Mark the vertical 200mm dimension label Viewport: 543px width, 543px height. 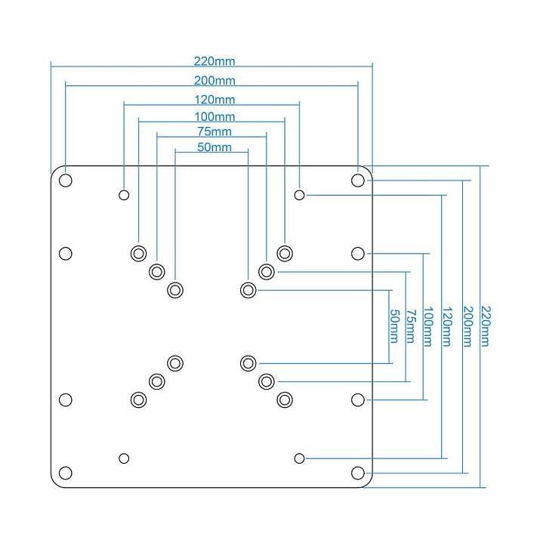(467, 326)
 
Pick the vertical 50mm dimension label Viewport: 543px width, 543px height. (393, 326)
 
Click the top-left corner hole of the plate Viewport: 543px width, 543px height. (66, 180)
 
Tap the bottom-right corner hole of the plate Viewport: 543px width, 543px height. (358, 473)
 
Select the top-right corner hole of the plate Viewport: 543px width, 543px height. (358, 180)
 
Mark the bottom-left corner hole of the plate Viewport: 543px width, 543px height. (66, 473)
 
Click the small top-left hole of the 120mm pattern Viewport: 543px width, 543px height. (124, 195)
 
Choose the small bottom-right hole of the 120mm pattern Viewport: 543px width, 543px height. (300, 458)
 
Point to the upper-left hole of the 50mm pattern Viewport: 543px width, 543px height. (175, 290)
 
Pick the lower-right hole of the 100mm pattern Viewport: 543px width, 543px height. (285, 400)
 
